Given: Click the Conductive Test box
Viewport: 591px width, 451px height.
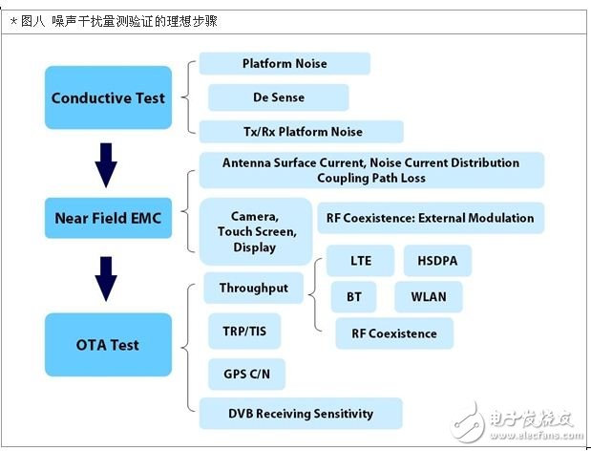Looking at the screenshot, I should point(108,97).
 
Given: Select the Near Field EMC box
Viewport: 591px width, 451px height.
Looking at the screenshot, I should point(108,218).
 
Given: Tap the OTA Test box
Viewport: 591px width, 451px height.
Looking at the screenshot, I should point(108,345).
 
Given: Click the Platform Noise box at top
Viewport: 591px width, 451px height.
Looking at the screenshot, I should point(285,64).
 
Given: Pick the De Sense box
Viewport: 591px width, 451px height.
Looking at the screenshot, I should point(278,97).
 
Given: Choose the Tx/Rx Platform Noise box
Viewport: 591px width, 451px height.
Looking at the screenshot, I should point(301,131).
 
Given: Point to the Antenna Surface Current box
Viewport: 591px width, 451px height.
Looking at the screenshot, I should point(370,170).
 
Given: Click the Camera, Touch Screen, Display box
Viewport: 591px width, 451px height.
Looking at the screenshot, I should point(255,232).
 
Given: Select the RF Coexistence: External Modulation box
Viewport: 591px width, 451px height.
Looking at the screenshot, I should point(429,218).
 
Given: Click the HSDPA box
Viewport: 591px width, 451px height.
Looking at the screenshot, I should point(436,260).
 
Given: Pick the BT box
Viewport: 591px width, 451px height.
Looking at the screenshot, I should point(353,296).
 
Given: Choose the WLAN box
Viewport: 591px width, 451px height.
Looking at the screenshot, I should point(428,296).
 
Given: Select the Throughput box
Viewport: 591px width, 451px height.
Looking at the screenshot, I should point(254,288).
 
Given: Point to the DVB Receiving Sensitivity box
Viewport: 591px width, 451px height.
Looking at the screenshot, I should point(301,414).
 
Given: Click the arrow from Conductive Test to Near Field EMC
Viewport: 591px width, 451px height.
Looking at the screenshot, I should point(107,164).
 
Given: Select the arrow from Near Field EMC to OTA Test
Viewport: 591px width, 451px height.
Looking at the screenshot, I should point(107,278).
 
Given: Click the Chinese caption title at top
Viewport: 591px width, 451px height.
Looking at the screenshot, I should point(112,20).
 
